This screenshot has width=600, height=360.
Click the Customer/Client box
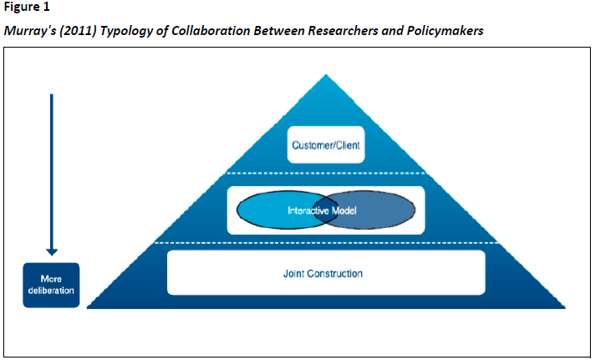(326, 145)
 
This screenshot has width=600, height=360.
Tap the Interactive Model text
(322, 211)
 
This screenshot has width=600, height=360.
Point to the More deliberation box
(51, 285)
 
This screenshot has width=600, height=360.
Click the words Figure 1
(25, 8)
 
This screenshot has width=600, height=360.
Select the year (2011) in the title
(80, 31)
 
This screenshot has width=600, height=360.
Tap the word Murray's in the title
(29, 31)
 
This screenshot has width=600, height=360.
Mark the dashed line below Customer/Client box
(327, 174)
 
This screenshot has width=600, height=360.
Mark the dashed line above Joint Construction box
(327, 243)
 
